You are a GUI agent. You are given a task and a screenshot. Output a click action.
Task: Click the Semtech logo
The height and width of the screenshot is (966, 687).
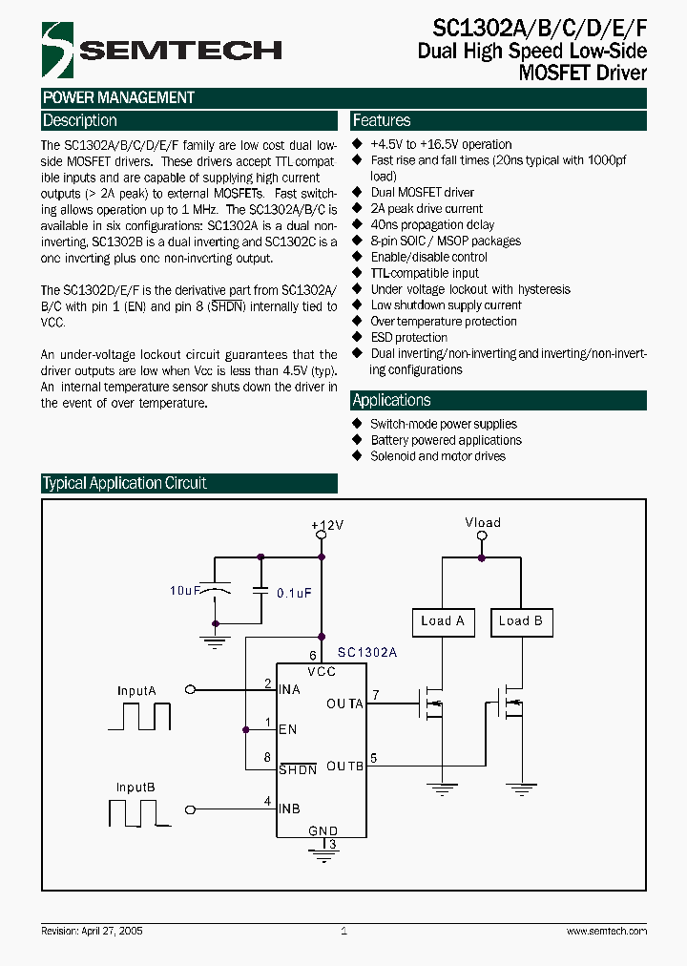click(162, 49)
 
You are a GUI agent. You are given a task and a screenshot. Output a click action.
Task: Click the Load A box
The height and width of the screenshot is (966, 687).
click(442, 621)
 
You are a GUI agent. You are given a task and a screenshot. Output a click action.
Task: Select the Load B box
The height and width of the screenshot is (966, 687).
click(520, 621)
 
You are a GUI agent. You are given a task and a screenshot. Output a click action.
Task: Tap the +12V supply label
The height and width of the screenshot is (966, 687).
click(327, 526)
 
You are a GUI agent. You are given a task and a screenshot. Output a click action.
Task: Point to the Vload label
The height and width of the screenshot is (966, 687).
click(482, 523)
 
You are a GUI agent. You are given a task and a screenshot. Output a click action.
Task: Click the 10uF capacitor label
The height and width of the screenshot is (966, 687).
click(184, 592)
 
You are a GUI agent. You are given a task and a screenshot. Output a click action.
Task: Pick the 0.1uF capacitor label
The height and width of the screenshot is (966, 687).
click(294, 593)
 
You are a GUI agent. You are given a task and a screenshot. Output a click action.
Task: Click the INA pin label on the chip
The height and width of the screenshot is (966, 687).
click(289, 689)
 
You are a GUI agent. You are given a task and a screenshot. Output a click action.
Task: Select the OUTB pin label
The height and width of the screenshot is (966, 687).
click(344, 766)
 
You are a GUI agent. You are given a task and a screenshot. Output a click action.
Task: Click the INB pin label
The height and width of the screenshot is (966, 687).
click(289, 808)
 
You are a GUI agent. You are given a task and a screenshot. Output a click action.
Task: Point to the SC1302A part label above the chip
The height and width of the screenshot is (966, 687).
click(367, 652)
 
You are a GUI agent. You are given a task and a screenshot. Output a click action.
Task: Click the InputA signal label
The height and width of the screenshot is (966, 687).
click(136, 690)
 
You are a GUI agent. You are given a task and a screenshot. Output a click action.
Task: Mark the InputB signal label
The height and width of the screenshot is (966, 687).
click(135, 787)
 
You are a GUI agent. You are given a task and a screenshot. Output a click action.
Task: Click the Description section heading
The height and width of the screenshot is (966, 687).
click(80, 121)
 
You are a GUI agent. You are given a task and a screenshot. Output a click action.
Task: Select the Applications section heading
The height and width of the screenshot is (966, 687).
click(391, 401)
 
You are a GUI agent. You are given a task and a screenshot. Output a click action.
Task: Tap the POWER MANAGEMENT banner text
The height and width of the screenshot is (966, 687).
click(119, 97)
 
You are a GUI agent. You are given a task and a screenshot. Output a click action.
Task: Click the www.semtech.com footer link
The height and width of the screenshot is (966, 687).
click(606, 931)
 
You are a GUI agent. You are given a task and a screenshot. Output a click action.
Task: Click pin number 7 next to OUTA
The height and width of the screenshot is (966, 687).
click(376, 694)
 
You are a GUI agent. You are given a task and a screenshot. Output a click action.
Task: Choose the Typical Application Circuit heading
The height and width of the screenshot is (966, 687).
click(125, 484)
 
